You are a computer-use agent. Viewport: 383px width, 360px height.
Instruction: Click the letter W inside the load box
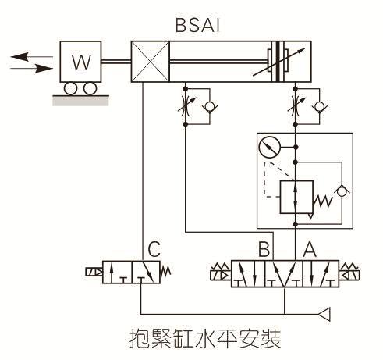(80, 62)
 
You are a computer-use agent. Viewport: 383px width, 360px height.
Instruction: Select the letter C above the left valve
(154, 251)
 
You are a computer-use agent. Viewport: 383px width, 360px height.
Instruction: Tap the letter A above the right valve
(308, 251)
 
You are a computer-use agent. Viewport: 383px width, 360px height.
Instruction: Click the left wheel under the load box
(70, 89)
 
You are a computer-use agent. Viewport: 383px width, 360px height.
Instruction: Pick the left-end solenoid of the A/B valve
(218, 274)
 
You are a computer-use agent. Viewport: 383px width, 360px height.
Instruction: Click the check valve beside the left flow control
(206, 106)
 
